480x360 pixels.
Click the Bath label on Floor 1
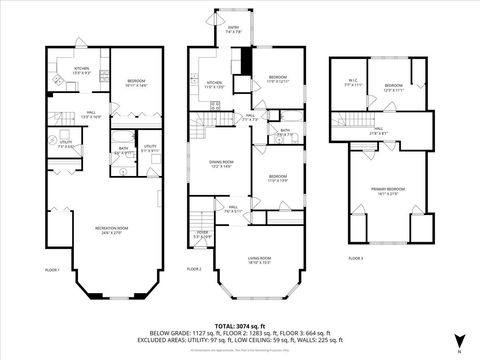click(122, 151)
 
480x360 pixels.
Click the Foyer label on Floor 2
click(201, 236)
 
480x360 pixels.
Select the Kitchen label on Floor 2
click(214, 85)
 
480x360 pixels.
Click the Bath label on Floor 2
click(285, 131)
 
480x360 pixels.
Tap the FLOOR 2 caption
click(194, 269)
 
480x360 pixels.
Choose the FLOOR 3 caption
click(355, 258)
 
